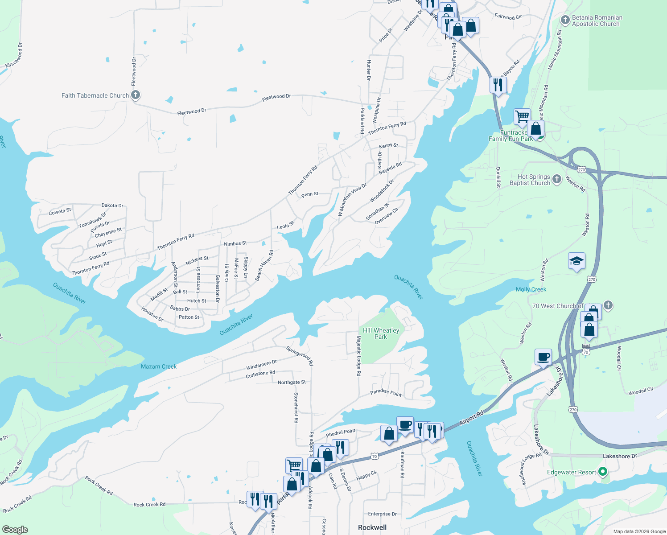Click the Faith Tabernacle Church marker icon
(x=136, y=95)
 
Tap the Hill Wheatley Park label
(x=381, y=333)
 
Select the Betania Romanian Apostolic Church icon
(x=565, y=20)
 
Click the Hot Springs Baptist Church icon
(x=556, y=179)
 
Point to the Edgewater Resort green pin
(x=603, y=472)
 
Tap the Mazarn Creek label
(x=159, y=366)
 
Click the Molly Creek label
(x=531, y=289)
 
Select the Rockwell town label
(x=372, y=527)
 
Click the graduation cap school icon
(x=576, y=261)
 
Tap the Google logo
(x=15, y=529)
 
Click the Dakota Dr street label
(x=112, y=206)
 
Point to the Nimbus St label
(x=235, y=243)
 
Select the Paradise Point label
(x=386, y=392)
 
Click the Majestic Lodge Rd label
(x=358, y=356)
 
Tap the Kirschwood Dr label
(x=14, y=56)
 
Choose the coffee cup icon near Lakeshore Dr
(x=543, y=357)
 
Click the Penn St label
(x=310, y=194)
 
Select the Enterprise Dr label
(x=382, y=514)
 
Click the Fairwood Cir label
(x=508, y=17)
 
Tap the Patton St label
(x=189, y=317)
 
